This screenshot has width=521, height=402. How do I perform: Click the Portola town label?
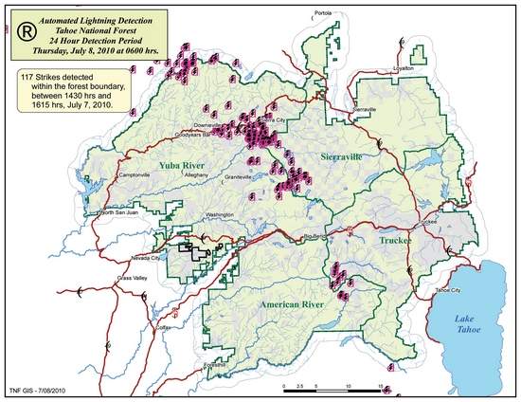click(324, 13)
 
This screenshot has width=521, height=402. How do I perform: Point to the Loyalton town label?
click(379, 68)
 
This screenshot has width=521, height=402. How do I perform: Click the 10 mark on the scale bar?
click(350, 386)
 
